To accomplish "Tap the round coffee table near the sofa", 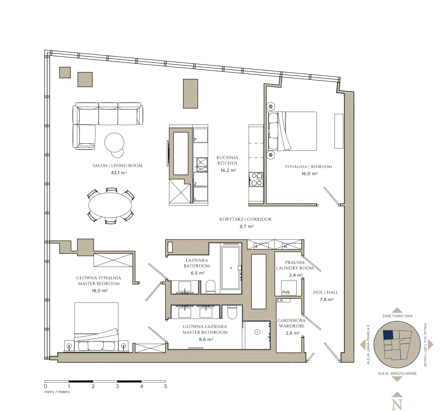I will (114, 142).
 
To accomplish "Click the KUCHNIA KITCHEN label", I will (227, 160).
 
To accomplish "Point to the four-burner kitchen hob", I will (256, 179).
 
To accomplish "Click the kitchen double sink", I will (202, 165).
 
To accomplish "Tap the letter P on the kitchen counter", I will (196, 139).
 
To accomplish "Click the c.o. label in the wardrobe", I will (280, 300).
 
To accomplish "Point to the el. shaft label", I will (285, 246).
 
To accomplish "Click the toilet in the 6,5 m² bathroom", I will (210, 287).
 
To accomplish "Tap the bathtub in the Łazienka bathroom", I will (231, 268).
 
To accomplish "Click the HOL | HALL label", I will (326, 292).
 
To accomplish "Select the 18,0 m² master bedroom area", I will (100, 291).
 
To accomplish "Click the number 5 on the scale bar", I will (165, 386).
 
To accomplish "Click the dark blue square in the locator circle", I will (388, 335).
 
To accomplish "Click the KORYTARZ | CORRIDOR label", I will (245, 219).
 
